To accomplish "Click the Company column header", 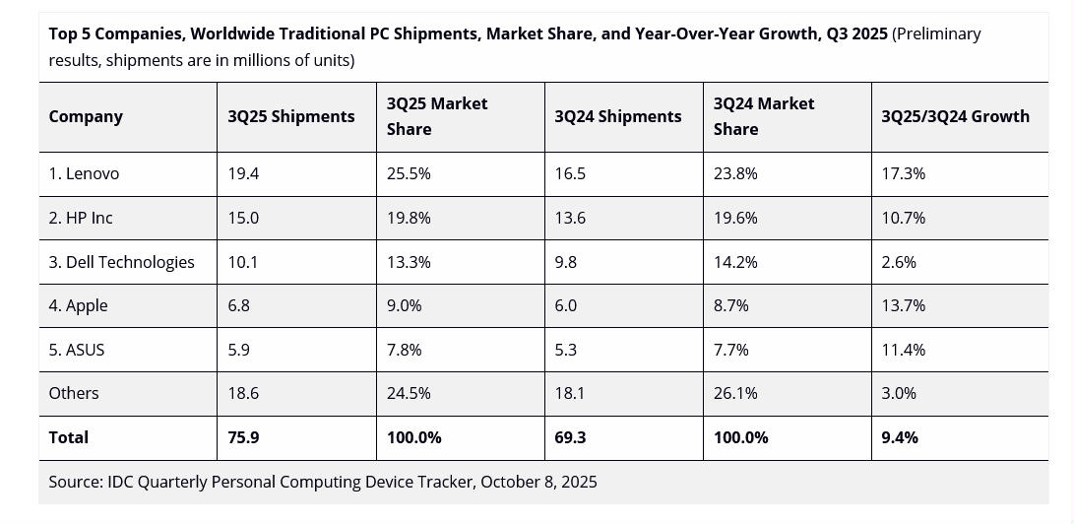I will coord(86,116).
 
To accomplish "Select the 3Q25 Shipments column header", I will coord(290,116).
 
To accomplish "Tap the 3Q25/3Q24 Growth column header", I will coord(955,116).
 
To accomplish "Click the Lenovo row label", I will coord(84,173).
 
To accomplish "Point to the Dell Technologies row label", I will coord(121,262).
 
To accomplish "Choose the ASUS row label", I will coord(77,350).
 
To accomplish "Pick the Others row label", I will coord(74,393).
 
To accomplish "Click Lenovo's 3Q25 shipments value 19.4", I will coord(243,173).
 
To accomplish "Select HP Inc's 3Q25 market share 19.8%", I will coord(409,218).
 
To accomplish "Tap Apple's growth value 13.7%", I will coord(903,305).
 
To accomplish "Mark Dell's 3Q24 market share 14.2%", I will coord(735,262).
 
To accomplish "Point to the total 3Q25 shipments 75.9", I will coord(243,437).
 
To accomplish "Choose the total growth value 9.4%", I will coord(900,437).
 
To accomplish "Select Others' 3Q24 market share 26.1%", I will coord(735,393).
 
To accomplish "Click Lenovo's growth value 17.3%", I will coord(903,173).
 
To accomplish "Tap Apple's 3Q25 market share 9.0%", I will coord(404,305).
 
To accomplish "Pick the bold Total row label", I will coord(68,437).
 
